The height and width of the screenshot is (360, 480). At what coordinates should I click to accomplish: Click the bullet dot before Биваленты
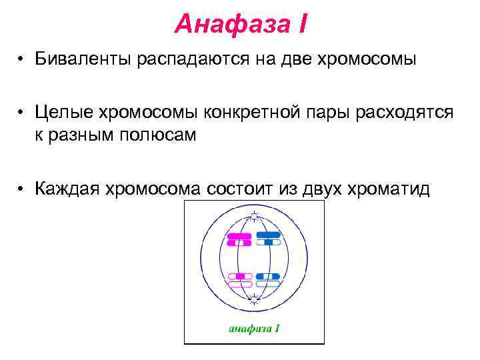tap(22, 60)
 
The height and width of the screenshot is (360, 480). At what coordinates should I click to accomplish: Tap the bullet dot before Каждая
tap(22, 189)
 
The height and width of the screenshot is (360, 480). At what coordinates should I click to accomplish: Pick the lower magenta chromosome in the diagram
tap(239, 280)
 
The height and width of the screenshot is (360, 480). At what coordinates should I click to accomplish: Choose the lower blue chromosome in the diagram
tap(268, 280)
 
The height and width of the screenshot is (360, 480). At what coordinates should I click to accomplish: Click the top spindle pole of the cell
tap(253, 215)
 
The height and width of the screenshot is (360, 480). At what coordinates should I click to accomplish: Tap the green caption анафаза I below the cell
tap(253, 327)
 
